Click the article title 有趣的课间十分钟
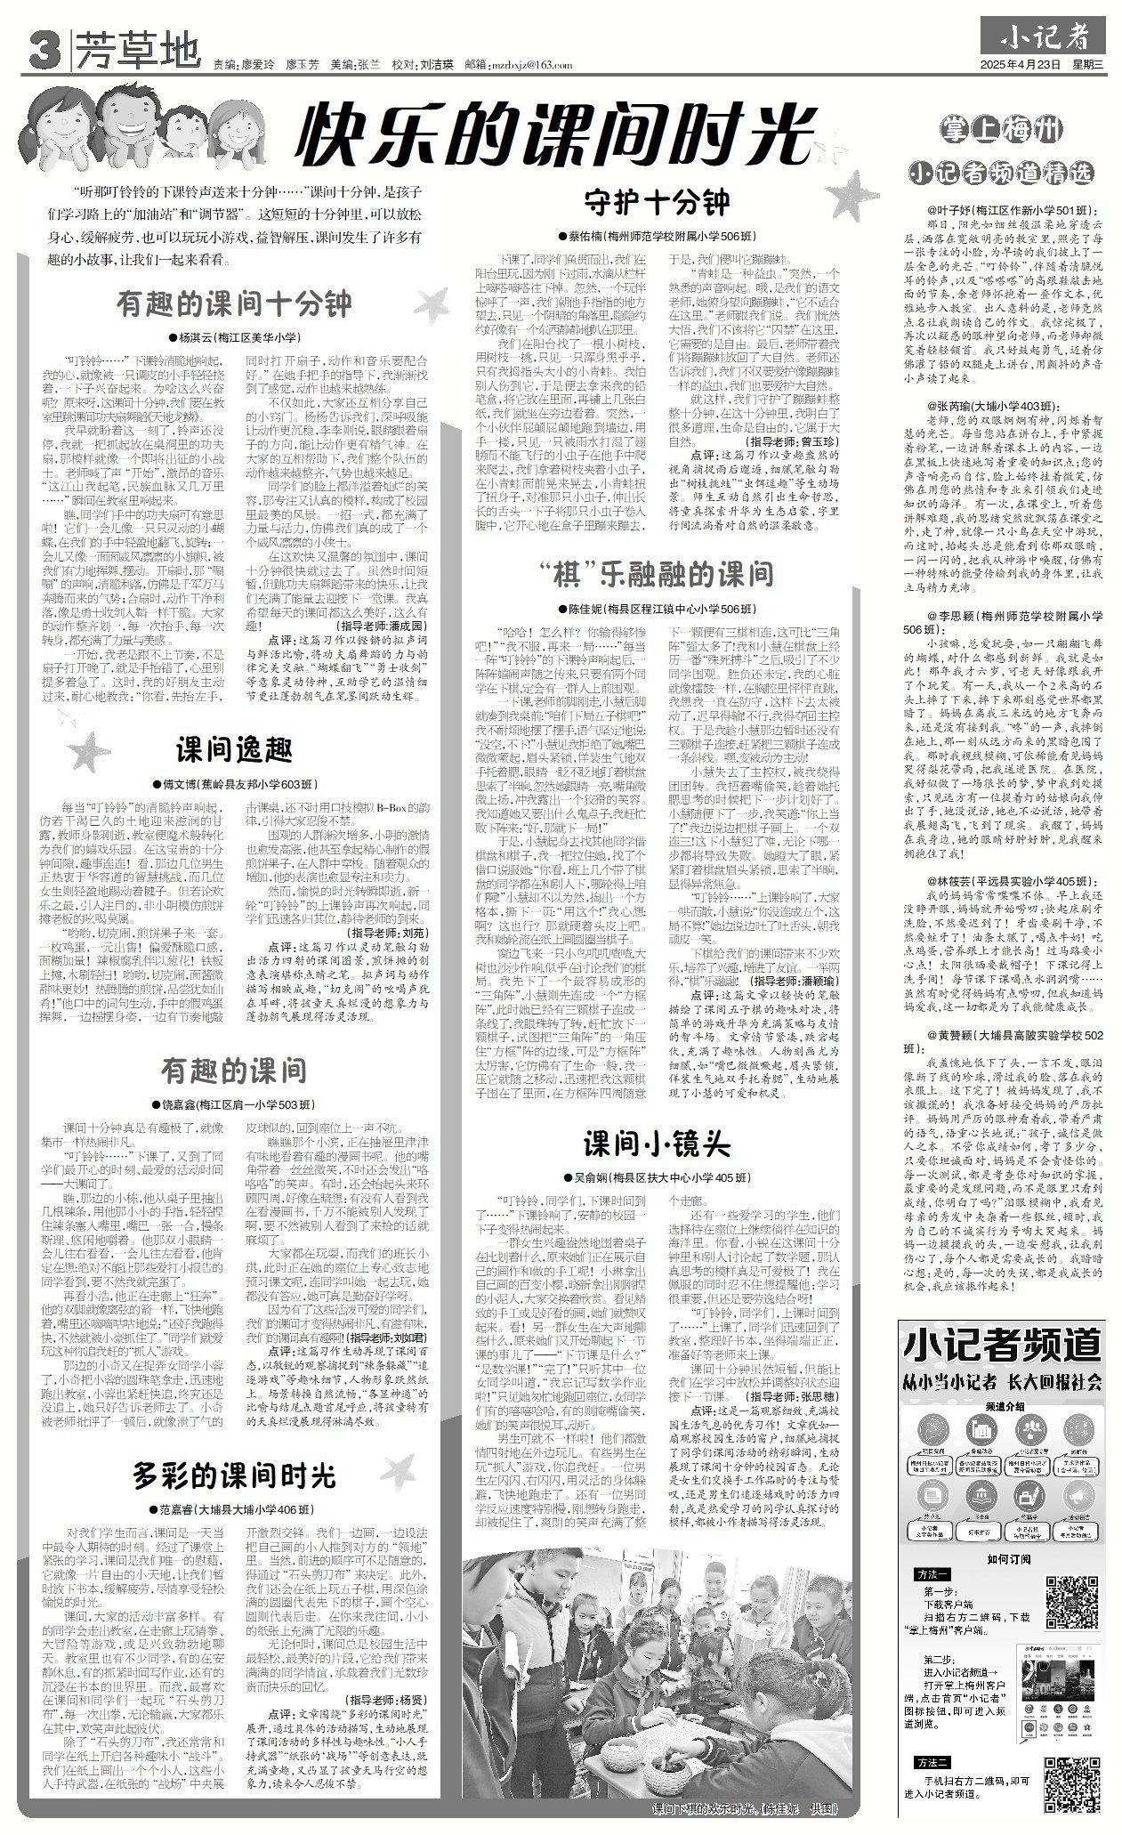coord(235,305)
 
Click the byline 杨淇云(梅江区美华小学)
coord(235,337)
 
